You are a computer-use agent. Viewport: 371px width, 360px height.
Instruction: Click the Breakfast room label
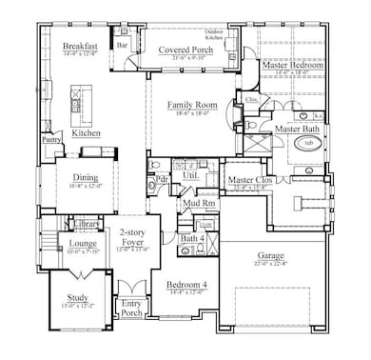coord(78,47)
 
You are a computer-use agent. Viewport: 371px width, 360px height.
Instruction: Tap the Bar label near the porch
coord(122,44)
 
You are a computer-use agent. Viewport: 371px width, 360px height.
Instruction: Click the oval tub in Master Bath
coord(307,142)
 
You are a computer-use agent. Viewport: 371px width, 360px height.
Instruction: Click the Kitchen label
coord(87,134)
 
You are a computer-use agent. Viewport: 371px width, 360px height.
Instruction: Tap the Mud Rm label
coord(197,203)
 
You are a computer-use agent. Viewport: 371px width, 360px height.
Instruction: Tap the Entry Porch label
coord(129,306)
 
